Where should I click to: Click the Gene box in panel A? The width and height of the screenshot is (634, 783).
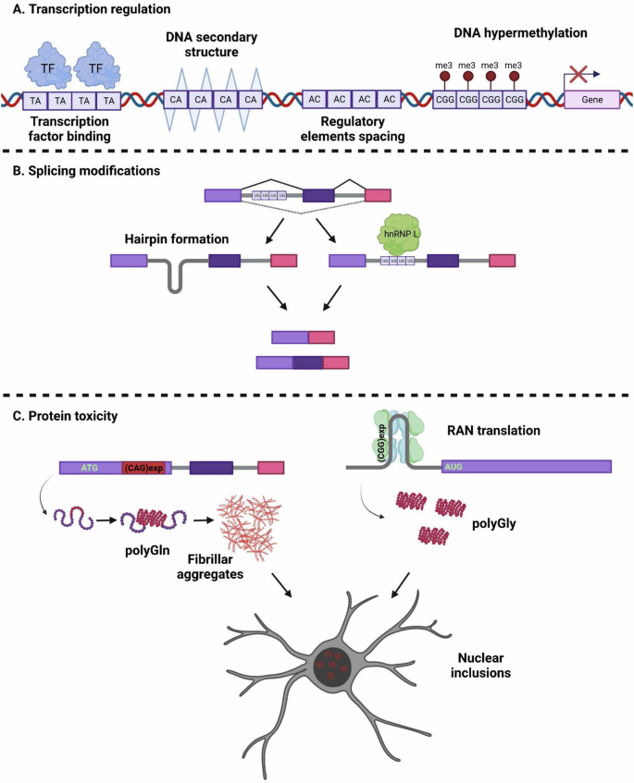pos(592,98)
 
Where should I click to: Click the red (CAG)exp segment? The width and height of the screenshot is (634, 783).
pos(143,469)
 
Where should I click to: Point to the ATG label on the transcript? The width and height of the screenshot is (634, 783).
pos(89,469)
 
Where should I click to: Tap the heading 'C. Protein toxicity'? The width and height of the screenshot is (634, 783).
pos(67,416)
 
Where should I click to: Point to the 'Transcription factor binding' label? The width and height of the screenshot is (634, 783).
pos(69,130)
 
